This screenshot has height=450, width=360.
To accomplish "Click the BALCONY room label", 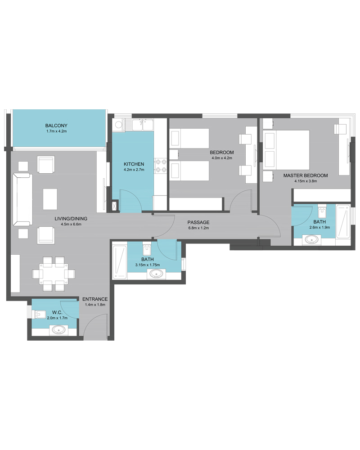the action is point(56,126).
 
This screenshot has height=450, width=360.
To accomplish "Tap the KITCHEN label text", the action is point(134,164).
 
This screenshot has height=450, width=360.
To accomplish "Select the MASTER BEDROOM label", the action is point(306,175).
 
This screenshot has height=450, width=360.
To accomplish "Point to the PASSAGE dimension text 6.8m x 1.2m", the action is point(198,228).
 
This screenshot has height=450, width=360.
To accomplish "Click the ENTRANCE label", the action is point(95,299).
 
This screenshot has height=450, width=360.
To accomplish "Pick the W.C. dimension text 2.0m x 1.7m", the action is point(58,318).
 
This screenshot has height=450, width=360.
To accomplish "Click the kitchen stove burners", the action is point(161,166).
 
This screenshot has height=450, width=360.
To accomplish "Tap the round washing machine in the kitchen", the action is point(118,125).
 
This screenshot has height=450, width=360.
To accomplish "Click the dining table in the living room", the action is point(54,274).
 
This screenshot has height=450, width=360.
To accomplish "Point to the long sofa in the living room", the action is point(22,199).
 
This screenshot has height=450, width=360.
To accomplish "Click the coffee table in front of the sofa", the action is point(50,199).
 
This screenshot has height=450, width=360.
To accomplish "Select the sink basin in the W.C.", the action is point(59,330).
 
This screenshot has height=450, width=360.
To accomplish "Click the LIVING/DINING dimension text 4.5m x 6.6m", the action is point(71,225).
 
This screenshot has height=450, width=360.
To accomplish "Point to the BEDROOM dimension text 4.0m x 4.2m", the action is point(222,158).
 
